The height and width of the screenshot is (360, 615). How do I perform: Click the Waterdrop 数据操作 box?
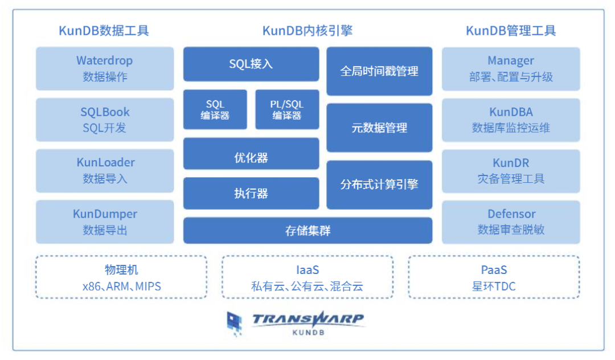point(105,68)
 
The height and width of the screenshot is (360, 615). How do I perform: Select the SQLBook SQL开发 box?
point(105,120)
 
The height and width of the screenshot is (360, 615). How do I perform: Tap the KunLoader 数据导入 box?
point(105,170)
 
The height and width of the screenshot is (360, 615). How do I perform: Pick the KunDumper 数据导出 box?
point(105,222)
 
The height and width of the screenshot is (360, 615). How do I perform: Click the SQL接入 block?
point(251,64)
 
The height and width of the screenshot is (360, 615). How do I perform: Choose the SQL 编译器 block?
point(215,109)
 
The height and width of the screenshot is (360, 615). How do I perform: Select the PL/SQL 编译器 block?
point(287,109)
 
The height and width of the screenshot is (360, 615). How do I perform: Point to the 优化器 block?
point(251,153)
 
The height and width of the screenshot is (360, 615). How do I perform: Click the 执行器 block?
point(251,193)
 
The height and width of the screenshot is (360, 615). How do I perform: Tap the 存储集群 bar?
point(307,231)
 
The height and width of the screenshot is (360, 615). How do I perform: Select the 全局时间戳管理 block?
point(379,71)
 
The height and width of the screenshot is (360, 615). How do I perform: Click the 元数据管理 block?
point(379,128)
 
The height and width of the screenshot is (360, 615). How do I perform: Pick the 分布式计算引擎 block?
point(379,185)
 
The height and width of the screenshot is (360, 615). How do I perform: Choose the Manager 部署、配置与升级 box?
point(511,68)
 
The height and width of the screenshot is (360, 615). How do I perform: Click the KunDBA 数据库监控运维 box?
point(511,120)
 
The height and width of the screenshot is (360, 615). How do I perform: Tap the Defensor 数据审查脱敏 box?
point(511,222)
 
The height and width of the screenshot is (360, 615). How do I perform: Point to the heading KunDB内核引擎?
point(307,31)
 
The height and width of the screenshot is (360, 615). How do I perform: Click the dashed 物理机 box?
point(121,277)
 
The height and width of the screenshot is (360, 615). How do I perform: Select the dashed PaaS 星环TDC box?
point(494,277)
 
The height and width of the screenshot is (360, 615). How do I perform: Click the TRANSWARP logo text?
point(307,319)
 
